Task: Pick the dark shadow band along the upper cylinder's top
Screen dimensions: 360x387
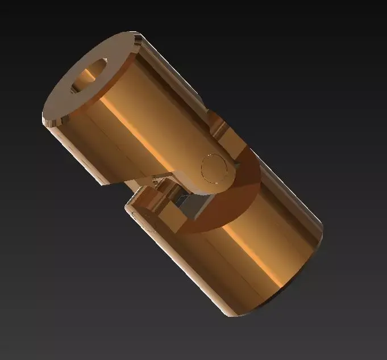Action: coord(170,62)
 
